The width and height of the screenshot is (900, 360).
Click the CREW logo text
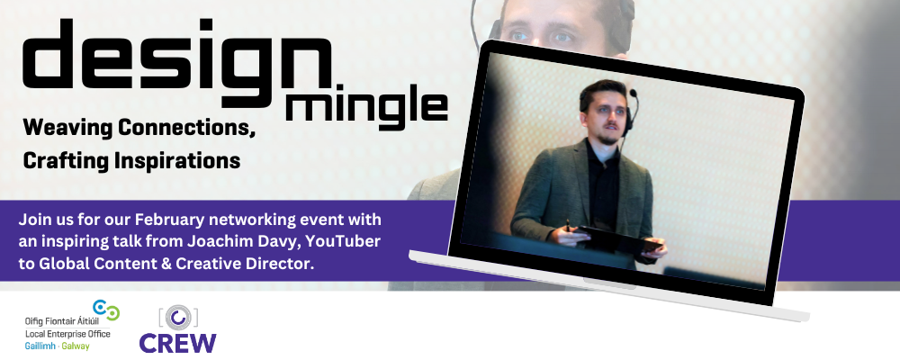(x=177, y=342)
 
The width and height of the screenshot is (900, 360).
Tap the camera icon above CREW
(x=178, y=317)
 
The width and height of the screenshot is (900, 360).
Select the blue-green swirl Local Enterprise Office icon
(x=107, y=311)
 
